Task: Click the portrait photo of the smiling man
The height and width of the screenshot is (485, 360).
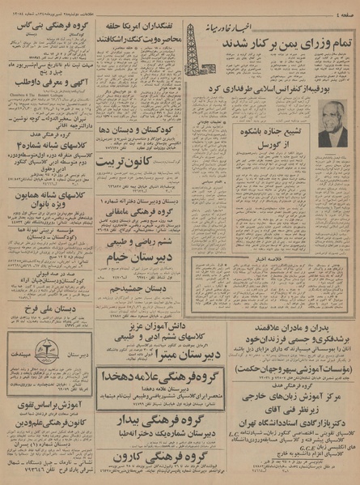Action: tap(332, 123)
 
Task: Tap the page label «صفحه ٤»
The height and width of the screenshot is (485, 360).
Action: tap(343, 9)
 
